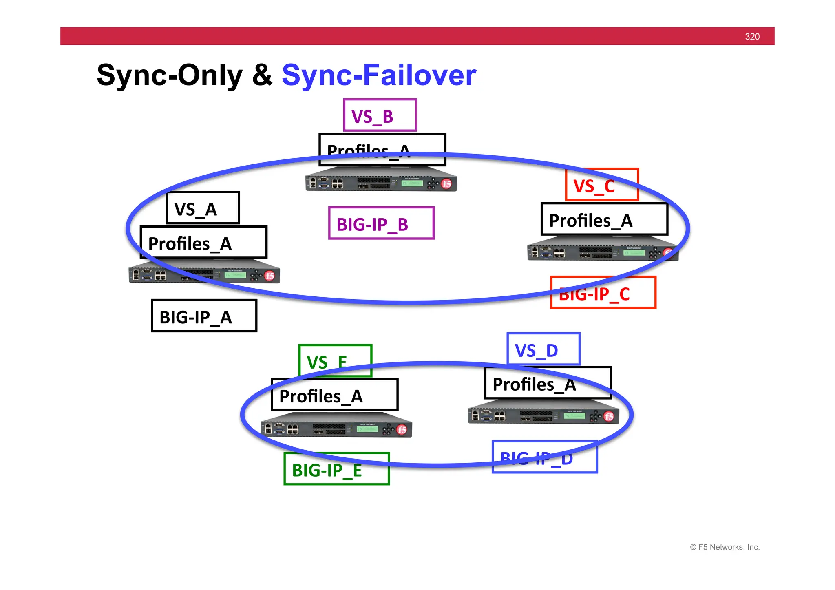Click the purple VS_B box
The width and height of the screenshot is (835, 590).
point(380,115)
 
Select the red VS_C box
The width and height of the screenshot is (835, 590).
point(601,184)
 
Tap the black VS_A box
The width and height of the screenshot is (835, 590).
point(203,208)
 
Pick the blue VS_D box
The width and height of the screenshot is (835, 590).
point(543,349)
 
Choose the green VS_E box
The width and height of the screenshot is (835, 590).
point(335,360)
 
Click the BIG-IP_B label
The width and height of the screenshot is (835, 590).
point(381,223)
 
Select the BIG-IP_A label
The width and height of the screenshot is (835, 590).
point(204,316)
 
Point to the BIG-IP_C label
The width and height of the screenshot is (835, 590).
point(603,293)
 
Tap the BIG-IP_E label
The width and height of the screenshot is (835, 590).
point(336,469)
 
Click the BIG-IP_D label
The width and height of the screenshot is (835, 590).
point(545,457)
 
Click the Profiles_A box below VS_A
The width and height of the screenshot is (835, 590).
point(203,242)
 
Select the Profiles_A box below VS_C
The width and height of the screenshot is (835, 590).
point(604,219)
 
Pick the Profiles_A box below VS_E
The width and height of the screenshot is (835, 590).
point(334,395)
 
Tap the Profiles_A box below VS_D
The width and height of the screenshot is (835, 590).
point(548,383)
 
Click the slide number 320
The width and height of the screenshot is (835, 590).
point(752,37)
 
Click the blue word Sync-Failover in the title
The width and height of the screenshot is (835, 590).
point(379,75)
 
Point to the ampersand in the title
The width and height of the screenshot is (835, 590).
point(262,75)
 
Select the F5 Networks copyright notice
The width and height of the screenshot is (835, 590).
point(725,547)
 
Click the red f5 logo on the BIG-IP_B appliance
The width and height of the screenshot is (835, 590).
point(447,184)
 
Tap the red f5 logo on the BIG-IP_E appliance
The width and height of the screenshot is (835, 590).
point(402,430)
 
